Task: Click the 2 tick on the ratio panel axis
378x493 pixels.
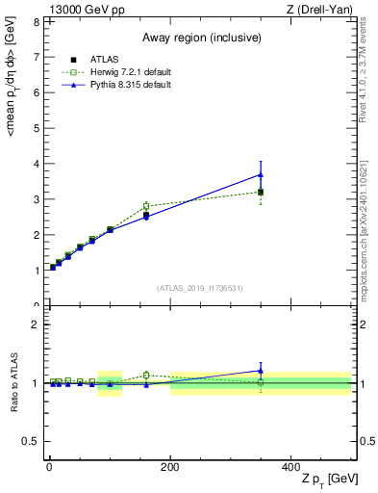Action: click(x=36, y=324)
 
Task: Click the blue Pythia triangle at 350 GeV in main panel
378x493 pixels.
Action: click(x=261, y=174)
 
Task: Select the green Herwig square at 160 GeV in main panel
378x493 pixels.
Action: click(x=146, y=205)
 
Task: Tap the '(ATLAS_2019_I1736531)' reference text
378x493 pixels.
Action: click(x=199, y=288)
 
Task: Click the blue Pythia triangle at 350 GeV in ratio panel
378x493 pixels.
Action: click(x=261, y=371)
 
